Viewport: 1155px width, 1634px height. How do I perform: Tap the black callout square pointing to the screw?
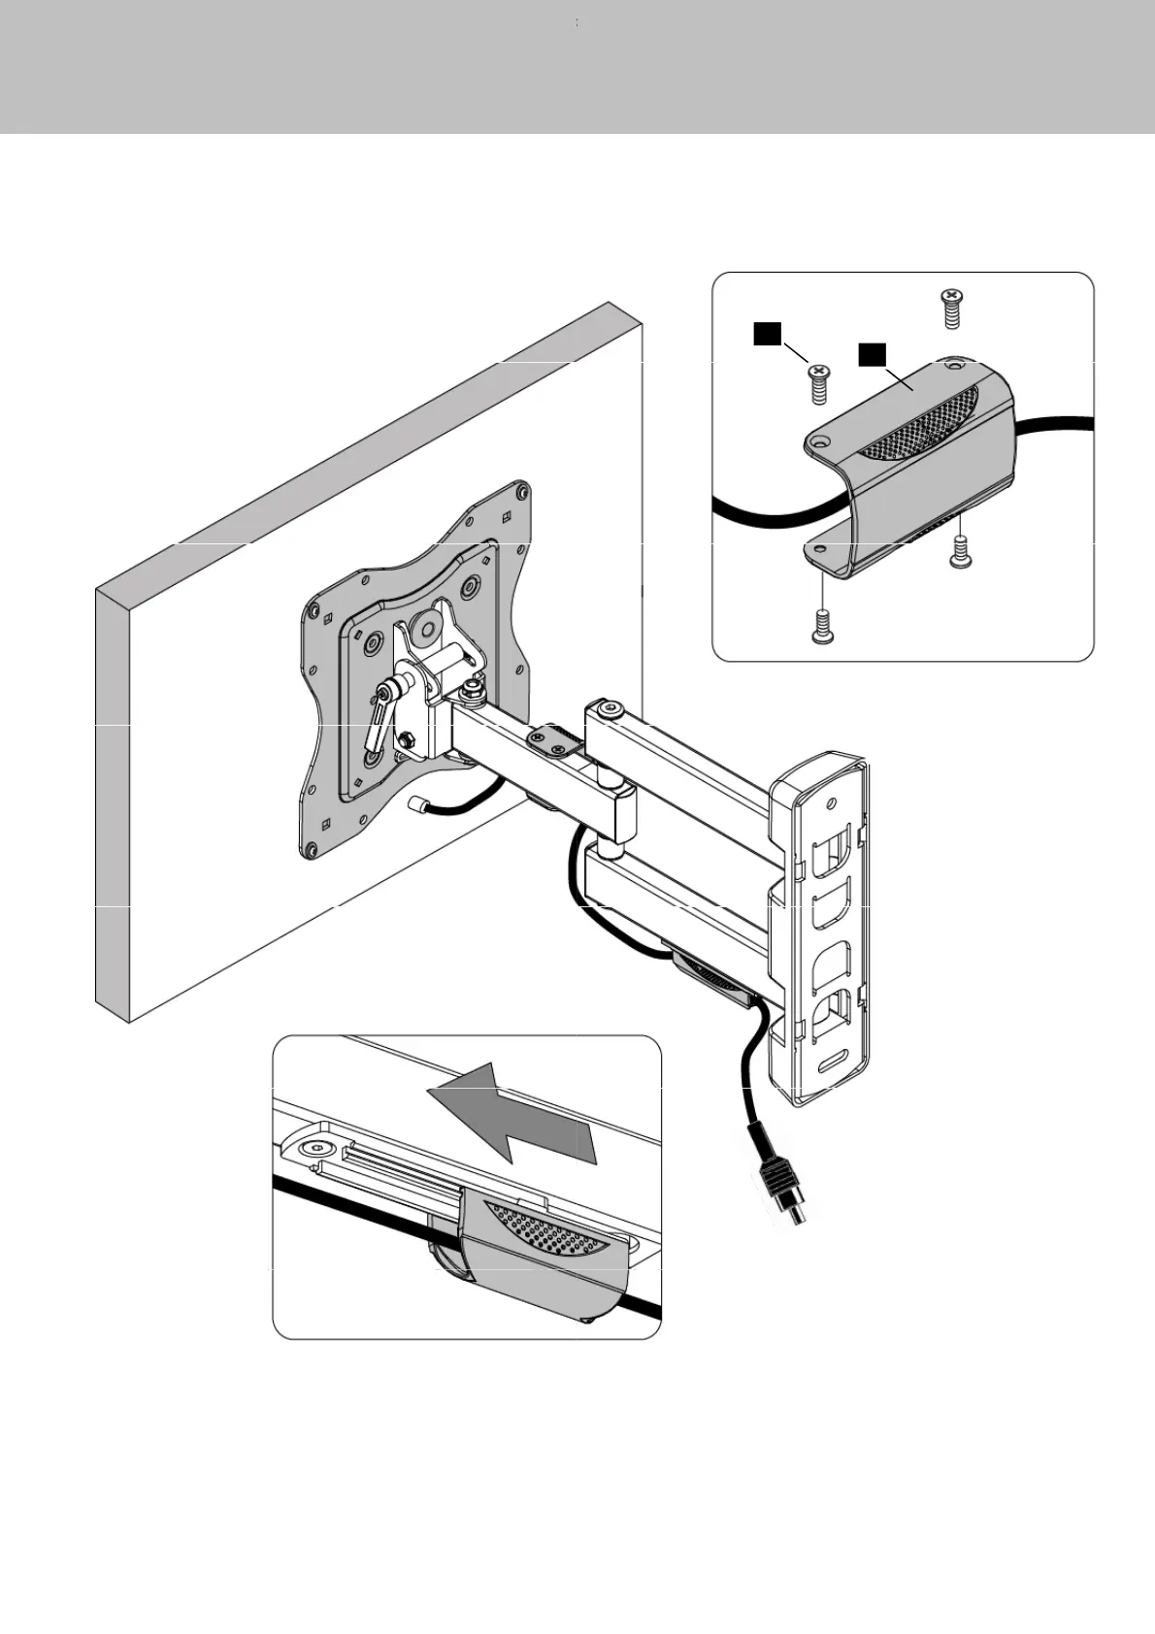point(767,334)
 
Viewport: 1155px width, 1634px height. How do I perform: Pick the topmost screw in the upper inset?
point(951,308)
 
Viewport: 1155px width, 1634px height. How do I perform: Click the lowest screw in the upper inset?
point(822,627)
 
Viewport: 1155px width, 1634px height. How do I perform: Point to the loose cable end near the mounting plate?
point(420,804)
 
